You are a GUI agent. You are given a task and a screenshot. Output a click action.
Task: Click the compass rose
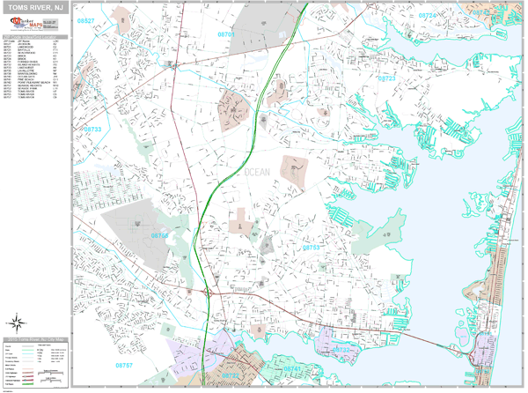point(15,322)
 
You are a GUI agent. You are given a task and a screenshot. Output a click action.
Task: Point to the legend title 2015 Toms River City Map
point(34,338)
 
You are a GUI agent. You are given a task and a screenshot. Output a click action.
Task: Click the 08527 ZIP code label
point(85,19)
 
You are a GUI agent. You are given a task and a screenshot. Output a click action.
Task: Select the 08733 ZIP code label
point(93,130)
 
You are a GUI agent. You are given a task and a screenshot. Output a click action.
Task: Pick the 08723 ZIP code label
point(387,78)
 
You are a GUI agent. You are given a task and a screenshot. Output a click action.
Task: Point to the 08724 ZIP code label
point(427,16)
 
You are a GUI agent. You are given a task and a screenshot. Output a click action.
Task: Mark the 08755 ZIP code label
point(159,236)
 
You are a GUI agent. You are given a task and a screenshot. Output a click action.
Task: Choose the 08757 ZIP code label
point(124,364)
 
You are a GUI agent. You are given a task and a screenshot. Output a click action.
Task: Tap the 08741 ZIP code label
point(292,368)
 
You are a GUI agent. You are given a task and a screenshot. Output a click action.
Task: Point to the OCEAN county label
point(254,172)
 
